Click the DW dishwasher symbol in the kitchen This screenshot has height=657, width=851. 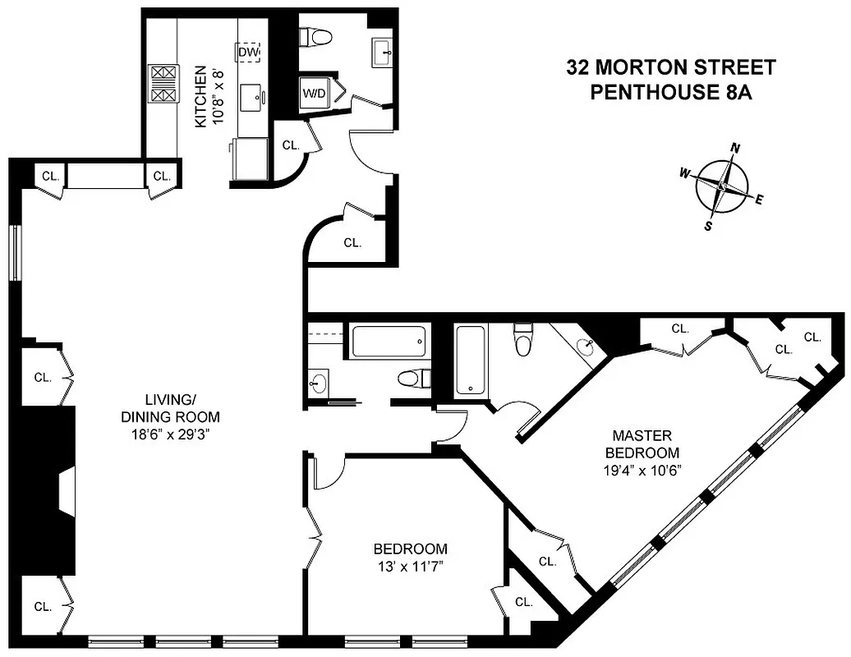tap(248, 53)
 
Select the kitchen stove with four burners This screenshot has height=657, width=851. tap(163, 83)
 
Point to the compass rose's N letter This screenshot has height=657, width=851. tap(736, 149)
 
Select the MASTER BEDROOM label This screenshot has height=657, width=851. tap(642, 443)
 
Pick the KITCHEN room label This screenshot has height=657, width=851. tap(200, 97)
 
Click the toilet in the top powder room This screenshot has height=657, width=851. tap(315, 37)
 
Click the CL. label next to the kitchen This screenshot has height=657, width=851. tap(290, 145)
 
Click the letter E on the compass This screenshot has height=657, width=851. tap(759, 200)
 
